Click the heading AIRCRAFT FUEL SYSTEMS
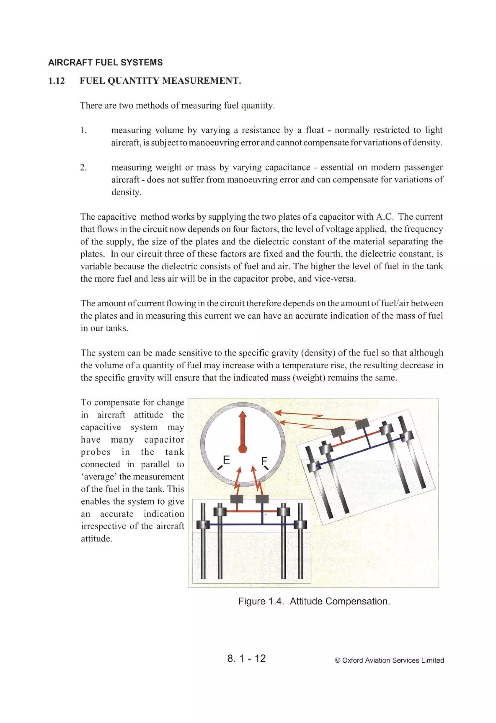[105, 63]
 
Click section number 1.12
[57, 81]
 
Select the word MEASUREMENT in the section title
[202, 81]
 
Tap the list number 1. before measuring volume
[83, 130]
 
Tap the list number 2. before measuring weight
[83, 168]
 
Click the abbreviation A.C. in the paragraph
[380, 217]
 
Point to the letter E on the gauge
[226, 460]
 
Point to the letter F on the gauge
[264, 460]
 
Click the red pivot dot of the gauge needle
[242, 449]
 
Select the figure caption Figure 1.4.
[261, 601]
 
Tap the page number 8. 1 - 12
[247, 658]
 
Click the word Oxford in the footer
[352, 660]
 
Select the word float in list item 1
[315, 130]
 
